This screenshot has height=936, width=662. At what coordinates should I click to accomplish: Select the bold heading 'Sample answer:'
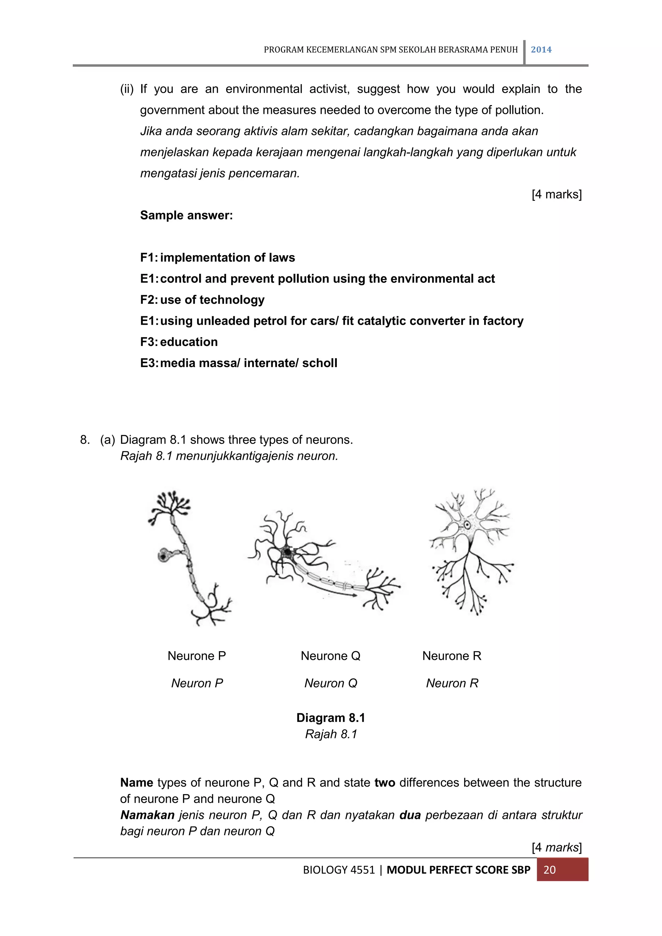tap(186, 215)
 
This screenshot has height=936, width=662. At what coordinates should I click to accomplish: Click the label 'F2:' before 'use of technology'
tap(149, 300)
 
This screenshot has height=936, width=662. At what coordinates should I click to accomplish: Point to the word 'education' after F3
tap(189, 342)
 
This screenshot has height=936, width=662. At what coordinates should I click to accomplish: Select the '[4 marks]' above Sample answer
tap(556, 194)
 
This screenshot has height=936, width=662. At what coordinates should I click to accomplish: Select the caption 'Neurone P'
tap(197, 656)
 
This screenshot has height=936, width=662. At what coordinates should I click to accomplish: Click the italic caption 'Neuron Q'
tap(331, 683)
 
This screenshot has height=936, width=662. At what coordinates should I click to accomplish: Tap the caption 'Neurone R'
tap(452, 656)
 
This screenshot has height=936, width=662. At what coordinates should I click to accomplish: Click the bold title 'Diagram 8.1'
tap(331, 717)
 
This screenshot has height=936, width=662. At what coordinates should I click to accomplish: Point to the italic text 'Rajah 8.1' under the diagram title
tap(331, 734)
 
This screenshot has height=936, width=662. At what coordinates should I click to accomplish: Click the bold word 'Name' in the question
tap(136, 782)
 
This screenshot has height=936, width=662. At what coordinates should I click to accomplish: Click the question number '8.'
tap(85, 439)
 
